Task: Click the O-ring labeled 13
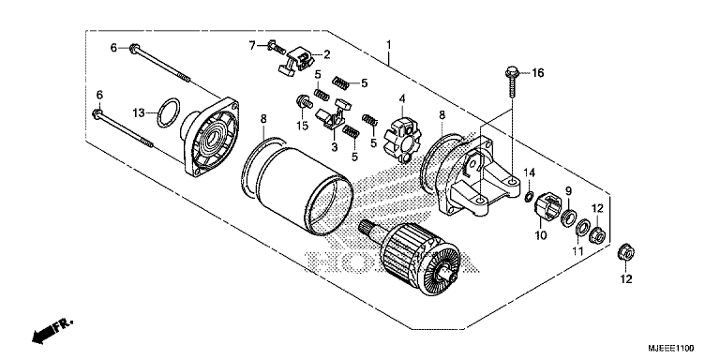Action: pos(166,112)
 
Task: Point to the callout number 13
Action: pos(138,112)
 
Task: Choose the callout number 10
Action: pos(540,235)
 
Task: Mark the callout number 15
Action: pos(302,126)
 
